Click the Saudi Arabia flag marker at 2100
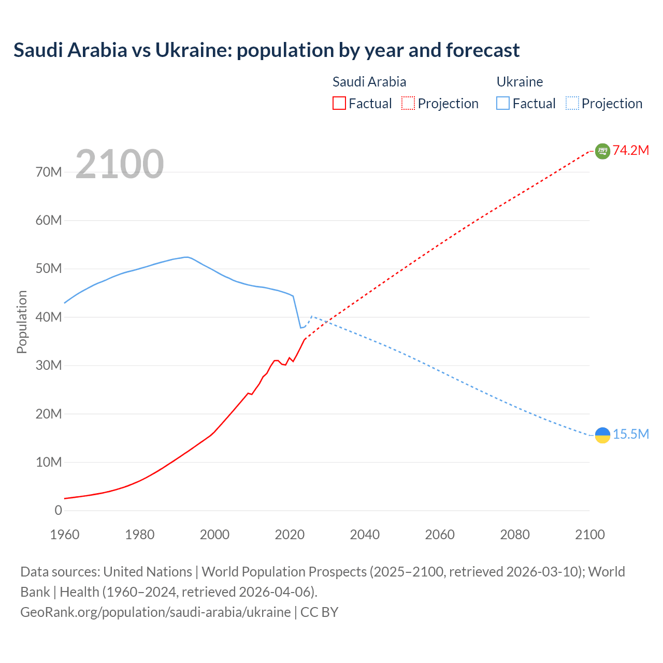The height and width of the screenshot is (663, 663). [602, 151]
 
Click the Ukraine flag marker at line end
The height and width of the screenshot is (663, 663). [602, 435]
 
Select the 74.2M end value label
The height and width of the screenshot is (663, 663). [631, 151]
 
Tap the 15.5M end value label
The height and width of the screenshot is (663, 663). [631, 435]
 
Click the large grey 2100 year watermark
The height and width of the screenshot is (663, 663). [120, 164]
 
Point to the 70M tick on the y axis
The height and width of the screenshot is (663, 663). [49, 172]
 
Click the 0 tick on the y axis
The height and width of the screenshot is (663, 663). [58, 511]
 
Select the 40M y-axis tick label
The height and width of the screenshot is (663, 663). [49, 317]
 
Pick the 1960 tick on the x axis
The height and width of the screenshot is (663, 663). [65, 535]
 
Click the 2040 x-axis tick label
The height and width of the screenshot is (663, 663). [365, 535]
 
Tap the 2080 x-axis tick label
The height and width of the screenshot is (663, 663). [515, 535]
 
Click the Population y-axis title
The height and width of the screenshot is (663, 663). [22, 322]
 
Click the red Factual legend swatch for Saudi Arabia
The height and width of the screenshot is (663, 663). [339, 104]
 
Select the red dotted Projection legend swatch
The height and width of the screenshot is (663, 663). [408, 104]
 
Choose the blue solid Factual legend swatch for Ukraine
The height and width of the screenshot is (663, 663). [503, 104]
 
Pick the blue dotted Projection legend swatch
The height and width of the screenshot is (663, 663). [572, 104]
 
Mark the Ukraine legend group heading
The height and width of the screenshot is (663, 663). [520, 82]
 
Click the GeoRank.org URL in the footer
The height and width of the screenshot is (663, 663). [155, 612]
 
